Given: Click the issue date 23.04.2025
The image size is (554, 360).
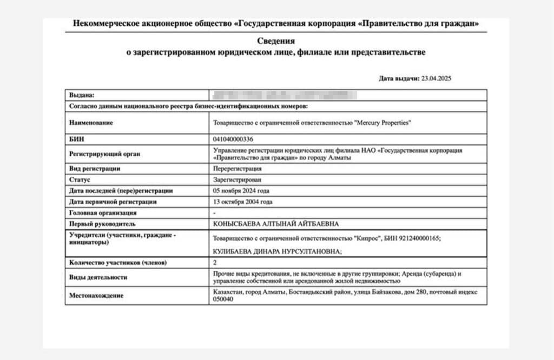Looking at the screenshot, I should [437, 79].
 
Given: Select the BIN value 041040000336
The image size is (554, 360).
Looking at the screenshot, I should [233, 139].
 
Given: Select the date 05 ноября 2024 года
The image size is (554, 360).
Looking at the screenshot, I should [242, 191].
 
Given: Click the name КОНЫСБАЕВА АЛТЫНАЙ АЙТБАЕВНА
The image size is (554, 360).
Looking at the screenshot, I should [279, 224].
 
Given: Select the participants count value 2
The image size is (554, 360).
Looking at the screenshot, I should [216, 263].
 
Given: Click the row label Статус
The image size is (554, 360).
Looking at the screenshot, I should [80, 179].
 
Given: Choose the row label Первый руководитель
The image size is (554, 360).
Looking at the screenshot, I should [102, 224].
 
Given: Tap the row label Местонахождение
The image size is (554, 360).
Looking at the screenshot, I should [96, 296].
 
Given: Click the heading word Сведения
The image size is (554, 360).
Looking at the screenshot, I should [275, 41].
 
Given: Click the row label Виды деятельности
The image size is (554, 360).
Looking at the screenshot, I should [98, 277].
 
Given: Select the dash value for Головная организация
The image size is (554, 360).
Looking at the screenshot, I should [215, 213].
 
